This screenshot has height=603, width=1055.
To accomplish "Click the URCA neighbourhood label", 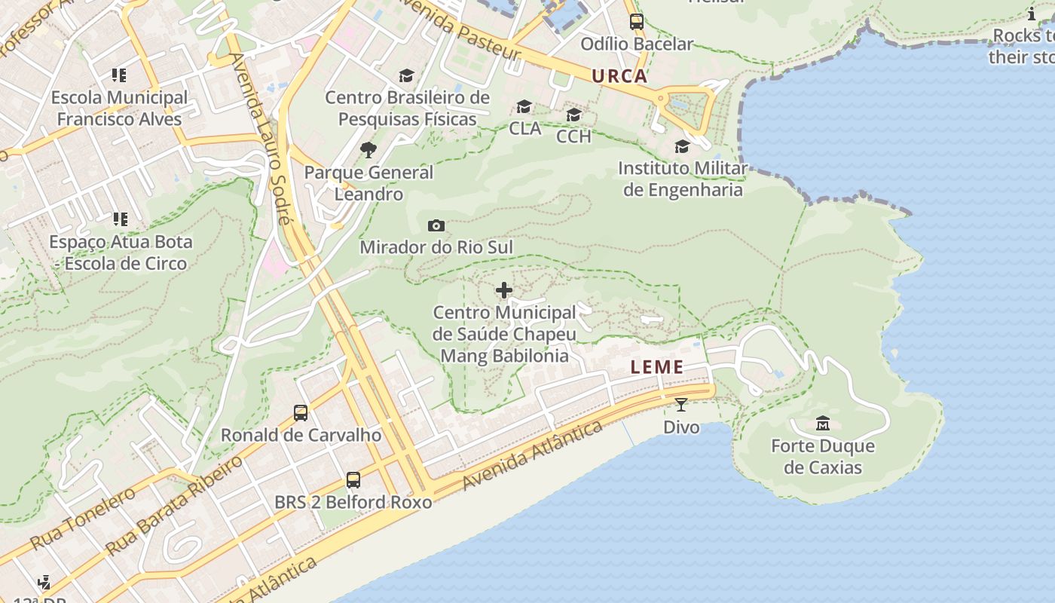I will [619, 75].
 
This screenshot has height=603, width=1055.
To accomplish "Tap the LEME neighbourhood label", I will [657, 367].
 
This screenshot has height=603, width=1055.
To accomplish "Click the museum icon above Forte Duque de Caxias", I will [822, 424].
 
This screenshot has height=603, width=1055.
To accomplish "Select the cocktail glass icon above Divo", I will [680, 405].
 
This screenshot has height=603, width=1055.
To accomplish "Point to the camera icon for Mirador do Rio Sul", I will [436, 225].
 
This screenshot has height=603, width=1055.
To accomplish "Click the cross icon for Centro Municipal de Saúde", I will [504, 290].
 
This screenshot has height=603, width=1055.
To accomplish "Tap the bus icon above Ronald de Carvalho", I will [301, 412].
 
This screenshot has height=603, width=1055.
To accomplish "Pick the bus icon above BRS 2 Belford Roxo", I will [353, 479].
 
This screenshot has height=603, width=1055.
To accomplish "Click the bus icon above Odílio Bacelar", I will [636, 22].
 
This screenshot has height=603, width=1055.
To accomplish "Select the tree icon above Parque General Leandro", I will [368, 150].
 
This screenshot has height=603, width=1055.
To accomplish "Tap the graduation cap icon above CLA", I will [524, 107].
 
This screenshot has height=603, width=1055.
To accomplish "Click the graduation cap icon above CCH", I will [573, 115].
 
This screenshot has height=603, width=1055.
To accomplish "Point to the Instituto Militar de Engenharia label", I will [683, 179].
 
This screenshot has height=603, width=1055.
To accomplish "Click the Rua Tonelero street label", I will [83, 518].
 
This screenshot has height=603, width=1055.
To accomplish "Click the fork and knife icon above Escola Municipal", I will [119, 75].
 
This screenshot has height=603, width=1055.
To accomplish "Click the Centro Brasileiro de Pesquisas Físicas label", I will [407, 108].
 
